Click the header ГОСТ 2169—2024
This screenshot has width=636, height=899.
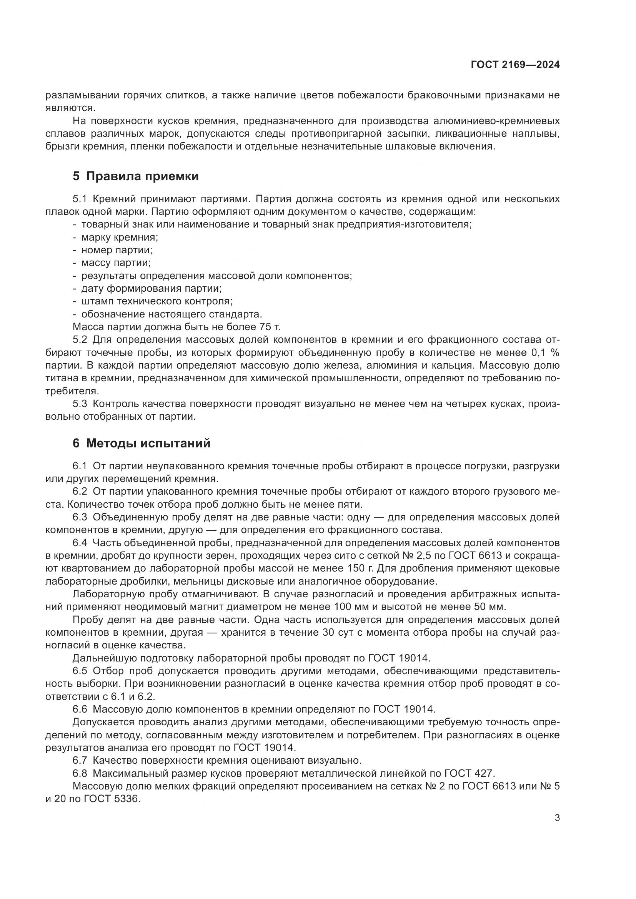click(x=515, y=65)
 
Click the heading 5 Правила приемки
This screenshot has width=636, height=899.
click(x=135, y=176)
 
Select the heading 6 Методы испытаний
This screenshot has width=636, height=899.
click(x=142, y=443)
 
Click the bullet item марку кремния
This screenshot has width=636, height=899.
click(x=120, y=237)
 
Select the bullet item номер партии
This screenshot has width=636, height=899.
click(x=117, y=250)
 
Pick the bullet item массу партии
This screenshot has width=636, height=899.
click(x=116, y=263)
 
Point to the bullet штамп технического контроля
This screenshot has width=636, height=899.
click(x=157, y=301)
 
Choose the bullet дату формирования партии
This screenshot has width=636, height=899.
click(x=151, y=289)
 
